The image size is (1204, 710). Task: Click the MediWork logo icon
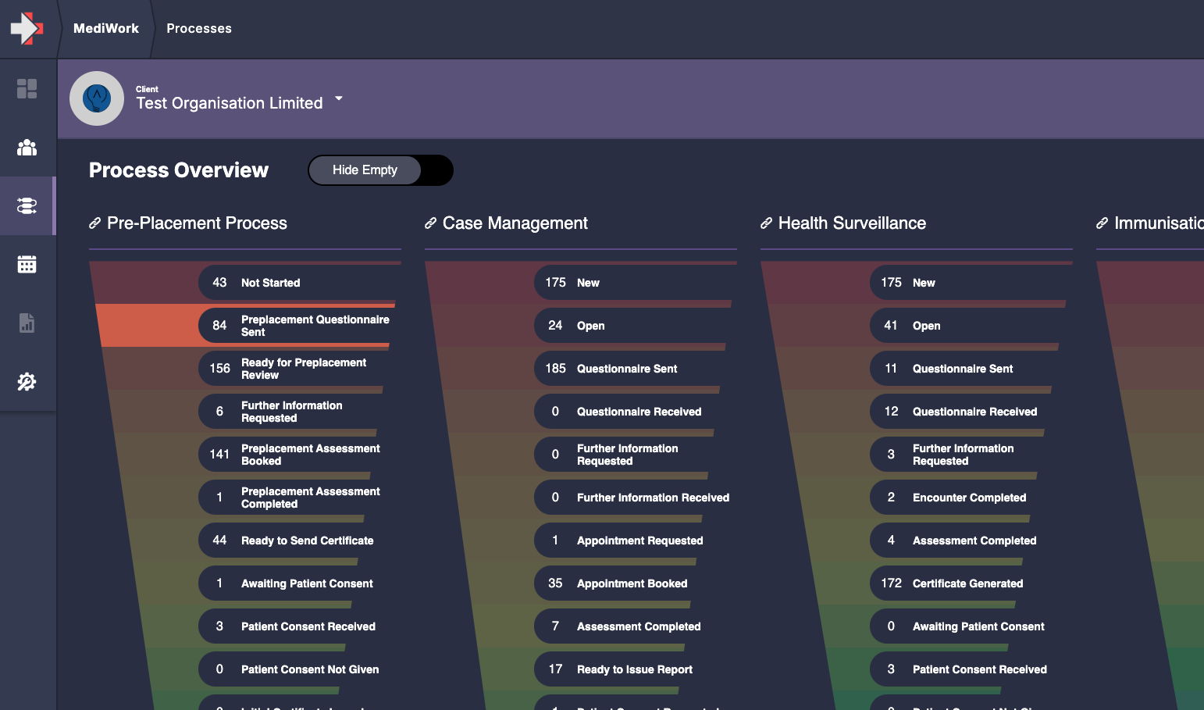pyautogui.click(x=27, y=28)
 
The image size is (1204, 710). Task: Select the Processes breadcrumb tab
pyautogui.click(x=198, y=29)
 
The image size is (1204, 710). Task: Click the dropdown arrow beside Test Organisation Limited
pyautogui.click(x=339, y=98)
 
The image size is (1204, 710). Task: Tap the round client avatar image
pyautogui.click(x=97, y=98)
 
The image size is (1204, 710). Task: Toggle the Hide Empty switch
pyautogui.click(x=380, y=170)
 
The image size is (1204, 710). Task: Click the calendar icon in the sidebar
pyautogui.click(x=27, y=265)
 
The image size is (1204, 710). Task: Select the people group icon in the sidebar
pyautogui.click(x=27, y=148)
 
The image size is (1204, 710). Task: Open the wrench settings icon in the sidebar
pyautogui.click(x=27, y=382)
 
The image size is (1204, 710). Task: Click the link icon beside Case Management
pyautogui.click(x=430, y=223)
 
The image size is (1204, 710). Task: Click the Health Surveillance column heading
pyautogui.click(x=852, y=223)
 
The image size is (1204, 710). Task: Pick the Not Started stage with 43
pyautogui.click(x=270, y=283)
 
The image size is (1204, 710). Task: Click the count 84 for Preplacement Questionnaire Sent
pyautogui.click(x=219, y=326)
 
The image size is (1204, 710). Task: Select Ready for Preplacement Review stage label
pyautogui.click(x=304, y=369)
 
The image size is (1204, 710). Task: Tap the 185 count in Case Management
pyautogui.click(x=555, y=369)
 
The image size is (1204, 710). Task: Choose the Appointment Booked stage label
pyautogui.click(x=632, y=583)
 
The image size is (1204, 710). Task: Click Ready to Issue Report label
pyautogui.click(x=634, y=669)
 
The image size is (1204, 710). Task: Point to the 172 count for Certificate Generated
pyautogui.click(x=891, y=583)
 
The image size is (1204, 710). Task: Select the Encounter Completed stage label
pyautogui.click(x=969, y=498)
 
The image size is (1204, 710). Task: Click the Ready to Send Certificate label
pyautogui.click(x=307, y=541)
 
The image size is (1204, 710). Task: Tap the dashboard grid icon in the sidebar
pyautogui.click(x=27, y=89)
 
